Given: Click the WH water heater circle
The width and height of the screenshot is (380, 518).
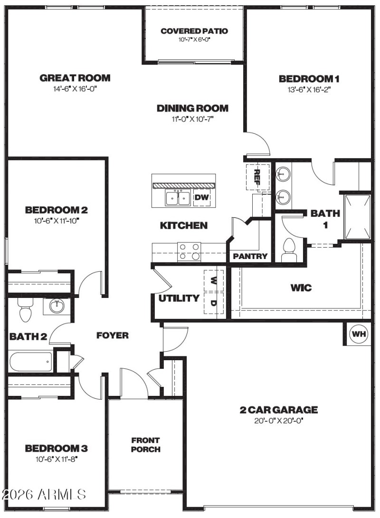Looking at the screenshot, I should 359,334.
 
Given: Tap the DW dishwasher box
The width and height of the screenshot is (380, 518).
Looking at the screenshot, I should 202,197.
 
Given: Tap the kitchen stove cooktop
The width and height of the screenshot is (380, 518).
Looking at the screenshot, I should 189,252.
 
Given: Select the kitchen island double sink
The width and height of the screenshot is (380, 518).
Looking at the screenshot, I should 178,197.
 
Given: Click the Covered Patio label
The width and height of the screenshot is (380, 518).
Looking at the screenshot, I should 194,31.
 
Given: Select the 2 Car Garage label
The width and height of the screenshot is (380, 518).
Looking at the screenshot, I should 278,410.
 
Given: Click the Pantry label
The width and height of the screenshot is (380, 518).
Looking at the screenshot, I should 250,257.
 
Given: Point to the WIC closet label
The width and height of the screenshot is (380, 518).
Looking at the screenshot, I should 301,288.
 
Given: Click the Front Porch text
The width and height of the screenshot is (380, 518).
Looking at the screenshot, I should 145,445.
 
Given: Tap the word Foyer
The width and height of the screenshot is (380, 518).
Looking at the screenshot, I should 113,336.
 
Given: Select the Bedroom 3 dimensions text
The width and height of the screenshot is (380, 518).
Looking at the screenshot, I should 56,459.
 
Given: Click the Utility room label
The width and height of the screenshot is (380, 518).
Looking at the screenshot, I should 179,298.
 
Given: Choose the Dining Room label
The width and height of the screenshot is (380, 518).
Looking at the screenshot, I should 192,108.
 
